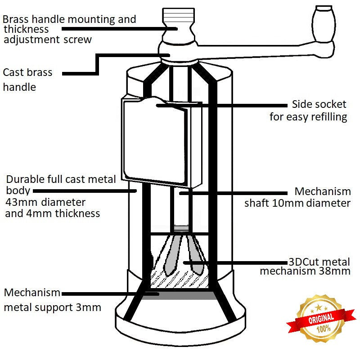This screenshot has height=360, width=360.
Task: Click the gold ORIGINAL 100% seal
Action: click(x=321, y=320)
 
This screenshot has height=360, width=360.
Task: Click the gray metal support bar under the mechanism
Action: click(x=180, y=294)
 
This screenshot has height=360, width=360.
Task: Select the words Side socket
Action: click(x=319, y=104)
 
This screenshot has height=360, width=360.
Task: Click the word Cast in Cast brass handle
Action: click(x=14, y=72)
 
